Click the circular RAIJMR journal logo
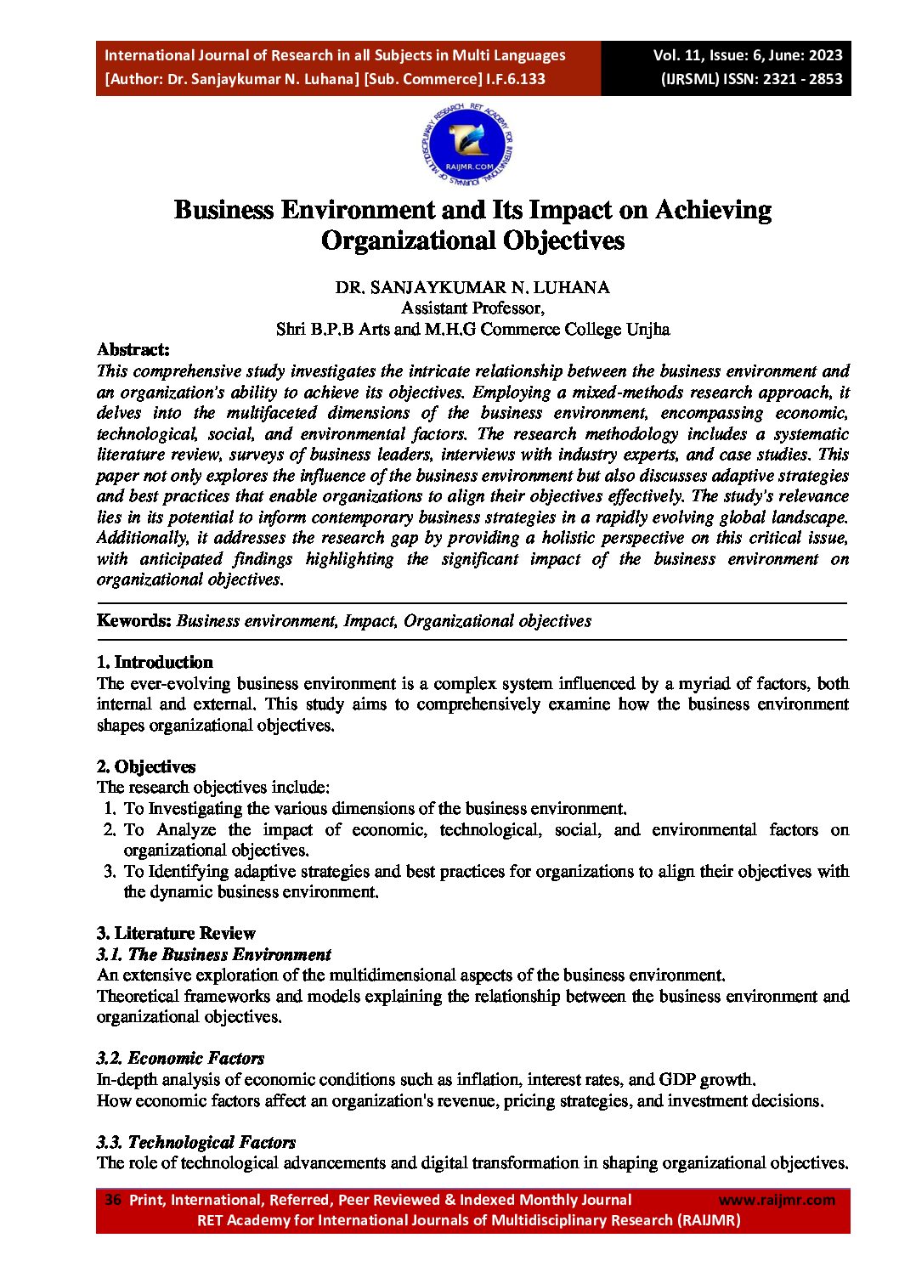[x=467, y=145]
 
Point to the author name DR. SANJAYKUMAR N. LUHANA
[x=472, y=287]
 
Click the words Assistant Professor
[x=472, y=308]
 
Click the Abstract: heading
[x=133, y=349]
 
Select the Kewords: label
[x=134, y=620]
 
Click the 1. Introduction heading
[x=155, y=662]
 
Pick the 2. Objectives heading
[x=146, y=766]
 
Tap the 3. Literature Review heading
[x=176, y=933]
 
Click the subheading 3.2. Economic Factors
[x=180, y=1058]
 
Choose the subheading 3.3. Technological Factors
[x=196, y=1142]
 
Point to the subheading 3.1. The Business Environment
[x=213, y=954]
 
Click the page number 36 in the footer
[x=113, y=1200]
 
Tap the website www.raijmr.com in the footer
[x=777, y=1200]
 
